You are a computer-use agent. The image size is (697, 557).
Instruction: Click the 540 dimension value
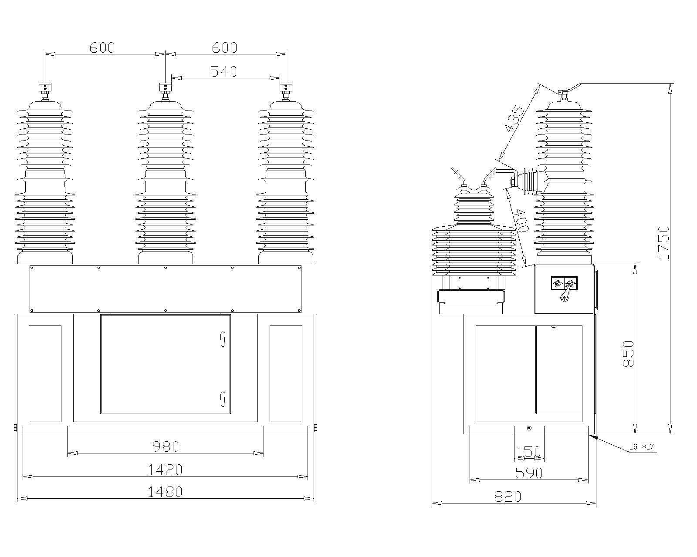click(x=223, y=71)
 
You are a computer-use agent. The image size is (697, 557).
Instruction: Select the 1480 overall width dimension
click(x=165, y=492)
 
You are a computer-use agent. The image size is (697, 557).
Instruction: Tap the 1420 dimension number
click(x=165, y=470)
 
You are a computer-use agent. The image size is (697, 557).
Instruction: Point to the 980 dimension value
click(x=166, y=446)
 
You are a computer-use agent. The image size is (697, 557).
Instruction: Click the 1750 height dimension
click(x=663, y=243)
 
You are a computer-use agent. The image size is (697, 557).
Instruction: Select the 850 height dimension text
click(x=628, y=354)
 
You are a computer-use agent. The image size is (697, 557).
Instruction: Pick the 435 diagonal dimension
click(x=514, y=118)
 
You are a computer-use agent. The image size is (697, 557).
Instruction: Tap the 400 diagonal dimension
click(x=521, y=220)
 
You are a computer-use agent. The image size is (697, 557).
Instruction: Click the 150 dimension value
click(x=528, y=452)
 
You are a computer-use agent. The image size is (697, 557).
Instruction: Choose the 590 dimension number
click(x=529, y=473)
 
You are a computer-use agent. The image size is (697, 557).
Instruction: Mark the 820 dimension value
click(x=508, y=497)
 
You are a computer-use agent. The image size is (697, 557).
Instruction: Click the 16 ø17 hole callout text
click(x=642, y=447)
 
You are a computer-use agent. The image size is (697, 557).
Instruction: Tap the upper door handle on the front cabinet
click(x=223, y=338)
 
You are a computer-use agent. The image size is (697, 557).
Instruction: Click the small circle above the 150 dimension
click(x=529, y=428)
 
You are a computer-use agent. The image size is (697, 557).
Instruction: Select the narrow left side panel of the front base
click(x=45, y=373)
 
